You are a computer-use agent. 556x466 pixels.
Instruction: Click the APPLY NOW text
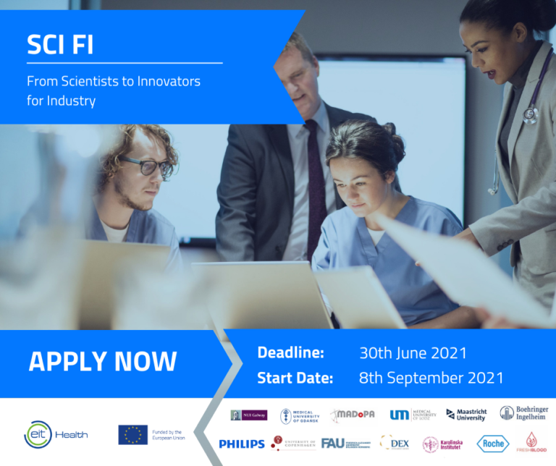click(102, 362)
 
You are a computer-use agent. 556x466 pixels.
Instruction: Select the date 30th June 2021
click(413, 353)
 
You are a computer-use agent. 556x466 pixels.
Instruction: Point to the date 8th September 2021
click(431, 378)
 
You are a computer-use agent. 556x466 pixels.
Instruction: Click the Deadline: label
click(290, 353)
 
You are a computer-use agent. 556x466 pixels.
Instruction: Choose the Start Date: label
click(295, 378)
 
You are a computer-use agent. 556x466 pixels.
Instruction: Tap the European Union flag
click(132, 434)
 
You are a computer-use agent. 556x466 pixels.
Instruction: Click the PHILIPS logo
click(242, 444)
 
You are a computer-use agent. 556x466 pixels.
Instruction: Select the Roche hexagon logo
click(492, 444)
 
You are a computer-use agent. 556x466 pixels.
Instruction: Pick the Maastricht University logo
click(466, 415)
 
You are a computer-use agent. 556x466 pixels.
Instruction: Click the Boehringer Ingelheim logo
click(523, 413)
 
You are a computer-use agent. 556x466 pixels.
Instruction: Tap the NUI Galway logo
click(248, 415)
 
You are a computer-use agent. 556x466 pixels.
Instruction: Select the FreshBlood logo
click(531, 443)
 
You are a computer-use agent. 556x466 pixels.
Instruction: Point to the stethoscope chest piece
click(531, 114)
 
